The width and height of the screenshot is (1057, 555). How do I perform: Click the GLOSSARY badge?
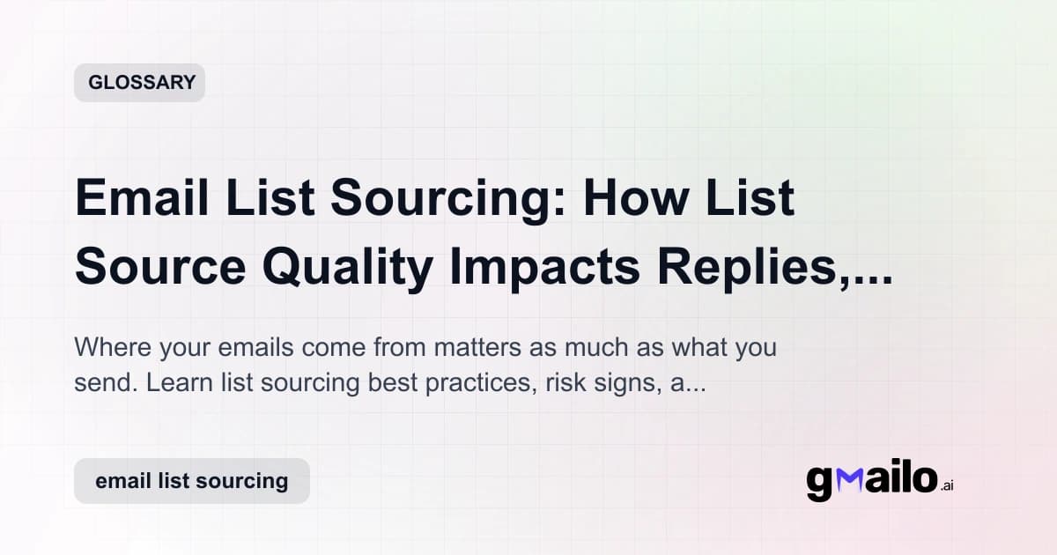(139, 83)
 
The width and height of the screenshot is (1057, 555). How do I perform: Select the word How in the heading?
(631, 200)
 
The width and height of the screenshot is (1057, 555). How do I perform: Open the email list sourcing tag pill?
(191, 481)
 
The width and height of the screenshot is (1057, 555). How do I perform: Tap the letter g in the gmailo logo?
(820, 484)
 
